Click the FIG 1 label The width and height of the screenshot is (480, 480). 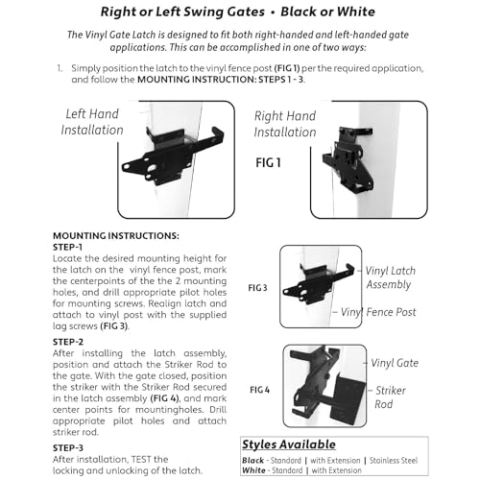[268, 163]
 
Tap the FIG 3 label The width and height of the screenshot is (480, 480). [257, 288]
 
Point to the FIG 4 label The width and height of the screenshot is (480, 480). [259, 390]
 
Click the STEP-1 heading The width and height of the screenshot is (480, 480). [68, 247]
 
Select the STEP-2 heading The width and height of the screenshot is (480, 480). [68, 342]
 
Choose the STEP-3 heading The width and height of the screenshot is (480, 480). [68, 447]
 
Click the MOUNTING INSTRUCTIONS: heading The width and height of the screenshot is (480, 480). [116, 236]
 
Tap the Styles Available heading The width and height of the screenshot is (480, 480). [289, 444]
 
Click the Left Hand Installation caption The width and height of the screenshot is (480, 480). [92, 122]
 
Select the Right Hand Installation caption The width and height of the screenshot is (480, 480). [285, 124]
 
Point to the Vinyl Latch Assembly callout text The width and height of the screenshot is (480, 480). [390, 277]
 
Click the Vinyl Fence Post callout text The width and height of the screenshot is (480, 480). [378, 312]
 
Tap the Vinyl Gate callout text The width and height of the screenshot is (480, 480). [395, 363]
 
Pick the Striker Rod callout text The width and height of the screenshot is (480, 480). [390, 397]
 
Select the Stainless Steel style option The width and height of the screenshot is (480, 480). [394, 461]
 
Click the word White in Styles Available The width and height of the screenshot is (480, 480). [253, 470]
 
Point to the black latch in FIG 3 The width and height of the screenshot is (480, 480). [317, 285]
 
